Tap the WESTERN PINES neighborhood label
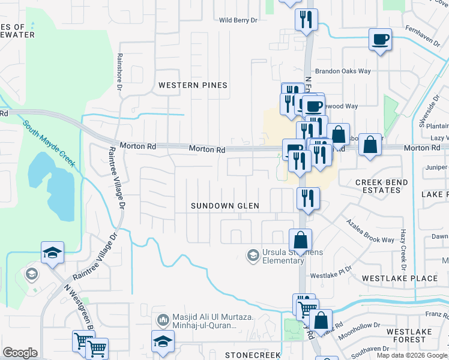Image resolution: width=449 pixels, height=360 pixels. coord(193,85)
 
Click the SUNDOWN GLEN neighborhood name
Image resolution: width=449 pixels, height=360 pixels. coord(225,206)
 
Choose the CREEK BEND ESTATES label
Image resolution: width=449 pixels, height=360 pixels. coord(382,186)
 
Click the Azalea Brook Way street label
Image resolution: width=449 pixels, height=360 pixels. coord(370,231)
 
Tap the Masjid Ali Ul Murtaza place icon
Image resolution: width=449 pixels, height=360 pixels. coord(161,320)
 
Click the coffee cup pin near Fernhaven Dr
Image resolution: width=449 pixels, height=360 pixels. coord(380,40)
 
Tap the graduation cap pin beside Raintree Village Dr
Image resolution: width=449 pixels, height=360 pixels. coord(53,253)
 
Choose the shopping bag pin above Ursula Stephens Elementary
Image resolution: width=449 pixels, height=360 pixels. coord(300,241)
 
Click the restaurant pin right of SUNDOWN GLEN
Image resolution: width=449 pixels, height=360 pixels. coord(308,199)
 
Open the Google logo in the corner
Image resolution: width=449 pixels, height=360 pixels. coord(19,353)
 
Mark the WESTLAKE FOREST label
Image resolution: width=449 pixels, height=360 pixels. coord(405,335)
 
